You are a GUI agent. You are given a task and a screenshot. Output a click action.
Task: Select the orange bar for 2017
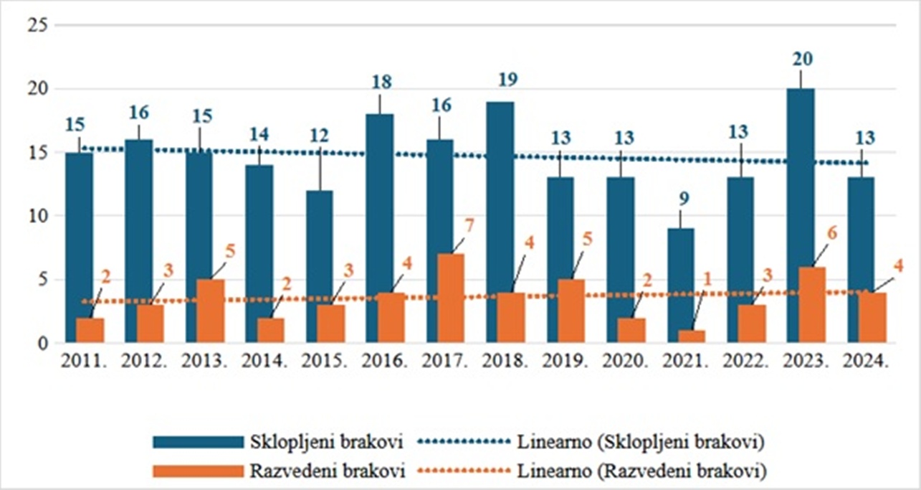point(451,298)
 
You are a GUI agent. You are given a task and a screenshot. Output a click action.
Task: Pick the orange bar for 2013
point(211,310)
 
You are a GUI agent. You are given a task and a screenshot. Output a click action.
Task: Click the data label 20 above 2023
point(801,59)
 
